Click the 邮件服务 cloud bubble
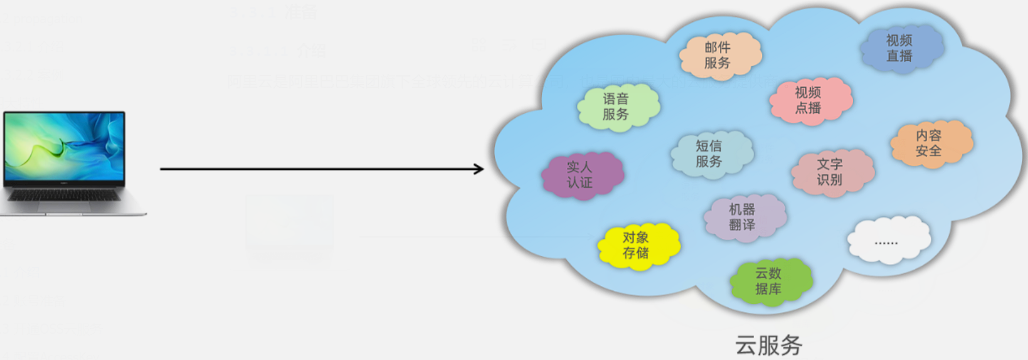click(x=719, y=55)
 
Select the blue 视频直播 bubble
click(x=901, y=48)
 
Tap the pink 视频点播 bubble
click(x=809, y=100)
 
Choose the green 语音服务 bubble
click(x=617, y=107)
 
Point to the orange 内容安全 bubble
click(x=930, y=143)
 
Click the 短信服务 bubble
click(x=710, y=154)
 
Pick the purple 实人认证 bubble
click(x=581, y=175)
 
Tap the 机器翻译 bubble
click(x=743, y=217)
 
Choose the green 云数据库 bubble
click(x=769, y=281)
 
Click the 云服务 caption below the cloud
click(x=768, y=345)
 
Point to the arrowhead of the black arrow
click(x=479, y=169)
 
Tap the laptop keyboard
click(x=65, y=196)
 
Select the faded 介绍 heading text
click(x=310, y=50)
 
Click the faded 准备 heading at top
click(x=301, y=13)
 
